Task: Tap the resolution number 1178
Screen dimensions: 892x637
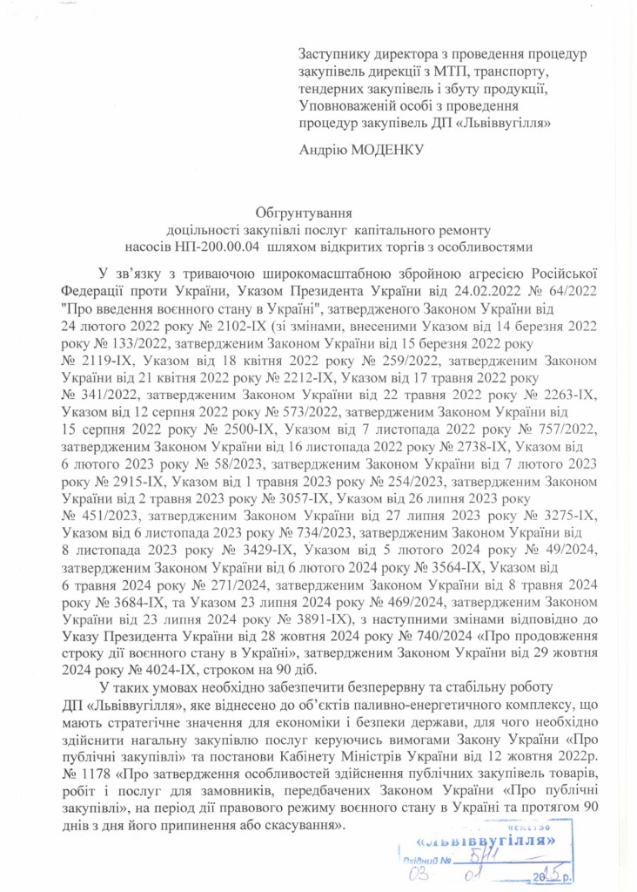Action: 93,772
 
